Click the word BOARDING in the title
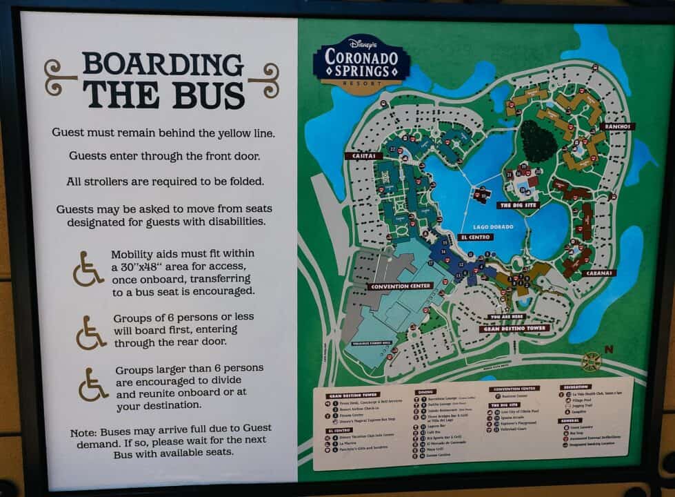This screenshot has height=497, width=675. coord(163,65)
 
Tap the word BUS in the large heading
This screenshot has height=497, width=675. coord(208,95)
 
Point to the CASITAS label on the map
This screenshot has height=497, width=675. coord(363,156)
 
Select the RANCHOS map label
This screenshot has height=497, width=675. coord(617,126)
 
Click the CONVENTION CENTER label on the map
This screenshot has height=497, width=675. coord(400,286)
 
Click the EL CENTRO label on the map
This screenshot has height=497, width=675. coord(475,237)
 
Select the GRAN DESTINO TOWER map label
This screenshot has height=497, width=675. coord(514,329)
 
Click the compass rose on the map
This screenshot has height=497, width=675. coord(591,361)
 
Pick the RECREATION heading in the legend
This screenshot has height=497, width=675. coord(576,387)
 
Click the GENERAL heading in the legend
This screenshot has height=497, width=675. coord(571,420)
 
